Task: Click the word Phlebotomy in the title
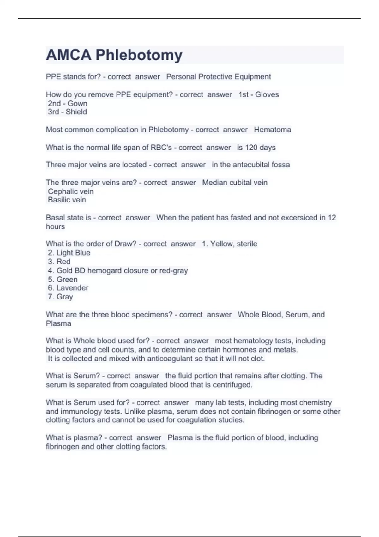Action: pos(139,55)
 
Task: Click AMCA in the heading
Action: pos(69,55)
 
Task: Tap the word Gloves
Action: pos(267,94)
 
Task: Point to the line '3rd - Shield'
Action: pos(67,112)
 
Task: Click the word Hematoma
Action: pos(272,130)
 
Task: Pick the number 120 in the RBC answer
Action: pos(251,148)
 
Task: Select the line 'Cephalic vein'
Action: pos(71,191)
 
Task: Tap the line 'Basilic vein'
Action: pos(67,200)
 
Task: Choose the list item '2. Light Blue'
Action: pos(69,253)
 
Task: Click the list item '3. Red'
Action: pos(59,262)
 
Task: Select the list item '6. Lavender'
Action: pos(68,288)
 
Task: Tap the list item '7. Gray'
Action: pos(61,297)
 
